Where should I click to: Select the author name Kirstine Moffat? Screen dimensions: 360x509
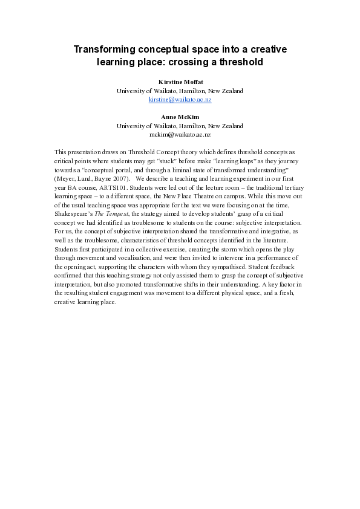click(x=180, y=82)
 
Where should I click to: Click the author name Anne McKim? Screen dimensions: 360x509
click(x=180, y=117)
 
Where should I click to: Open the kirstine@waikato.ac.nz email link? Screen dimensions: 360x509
click(x=180, y=99)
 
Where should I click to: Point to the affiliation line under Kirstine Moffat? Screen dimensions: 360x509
click(x=180, y=91)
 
